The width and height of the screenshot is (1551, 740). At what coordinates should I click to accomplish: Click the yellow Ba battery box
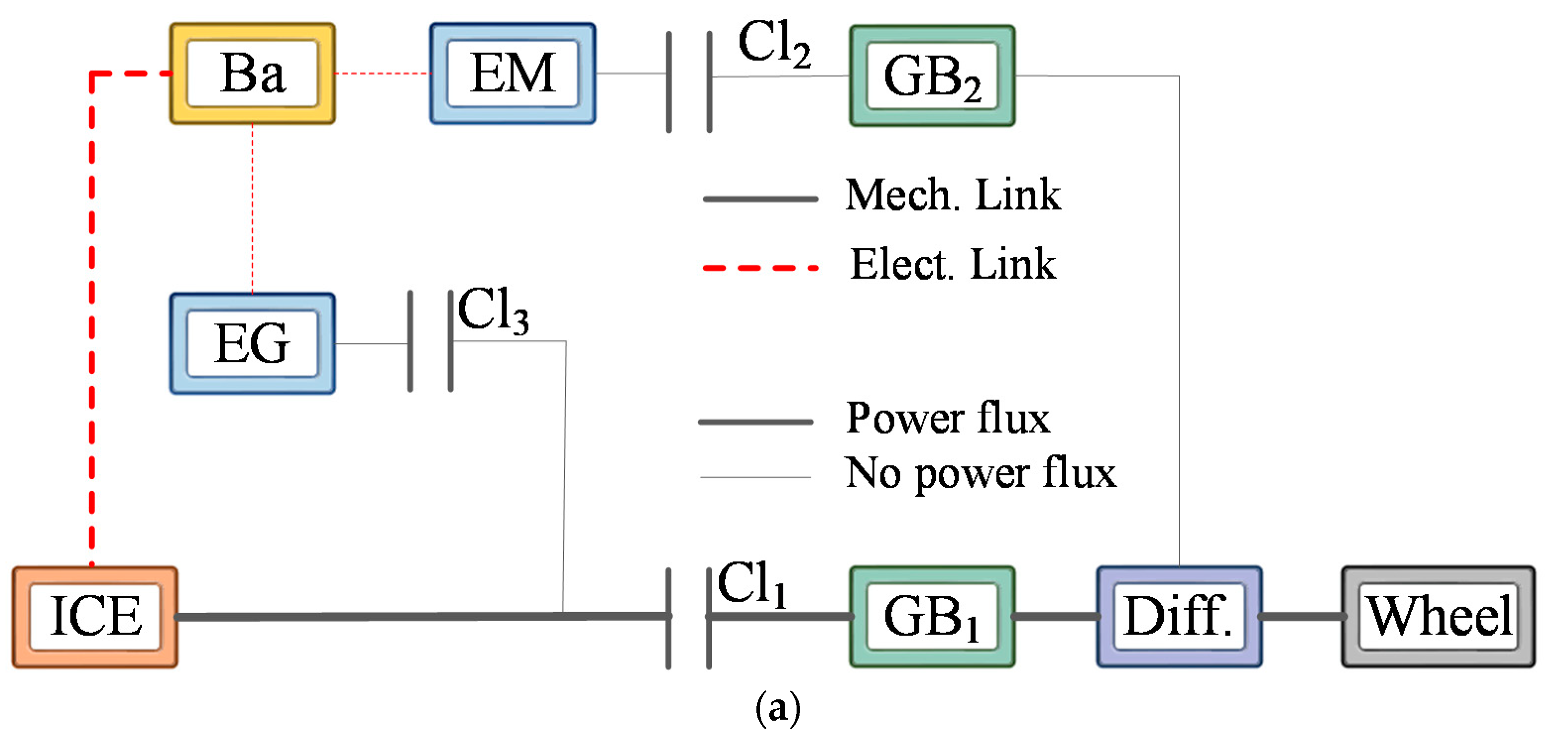(252, 73)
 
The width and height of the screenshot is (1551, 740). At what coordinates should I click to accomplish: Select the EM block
(513, 73)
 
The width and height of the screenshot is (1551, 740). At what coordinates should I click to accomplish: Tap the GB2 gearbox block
(932, 76)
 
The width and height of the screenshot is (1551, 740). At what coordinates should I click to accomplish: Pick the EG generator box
(252, 343)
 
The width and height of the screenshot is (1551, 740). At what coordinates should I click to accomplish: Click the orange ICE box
(95, 616)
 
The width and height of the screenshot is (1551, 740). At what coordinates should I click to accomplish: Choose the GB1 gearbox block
(932, 616)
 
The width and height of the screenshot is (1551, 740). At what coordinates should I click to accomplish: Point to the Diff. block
(1178, 616)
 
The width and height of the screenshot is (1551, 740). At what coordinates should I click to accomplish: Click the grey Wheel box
(1438, 616)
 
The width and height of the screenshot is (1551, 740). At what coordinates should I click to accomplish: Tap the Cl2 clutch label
(774, 43)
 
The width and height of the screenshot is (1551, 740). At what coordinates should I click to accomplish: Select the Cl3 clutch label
(493, 311)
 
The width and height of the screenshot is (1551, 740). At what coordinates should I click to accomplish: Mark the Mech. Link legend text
(953, 195)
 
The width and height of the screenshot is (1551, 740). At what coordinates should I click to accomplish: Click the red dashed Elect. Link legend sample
(760, 268)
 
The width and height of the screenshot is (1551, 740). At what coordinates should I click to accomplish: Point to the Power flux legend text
(948, 418)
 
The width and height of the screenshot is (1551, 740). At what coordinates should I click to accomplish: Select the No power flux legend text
(980, 473)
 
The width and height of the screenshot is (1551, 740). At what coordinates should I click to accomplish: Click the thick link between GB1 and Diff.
(1055, 616)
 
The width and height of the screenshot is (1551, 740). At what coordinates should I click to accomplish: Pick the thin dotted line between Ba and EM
(382, 73)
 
